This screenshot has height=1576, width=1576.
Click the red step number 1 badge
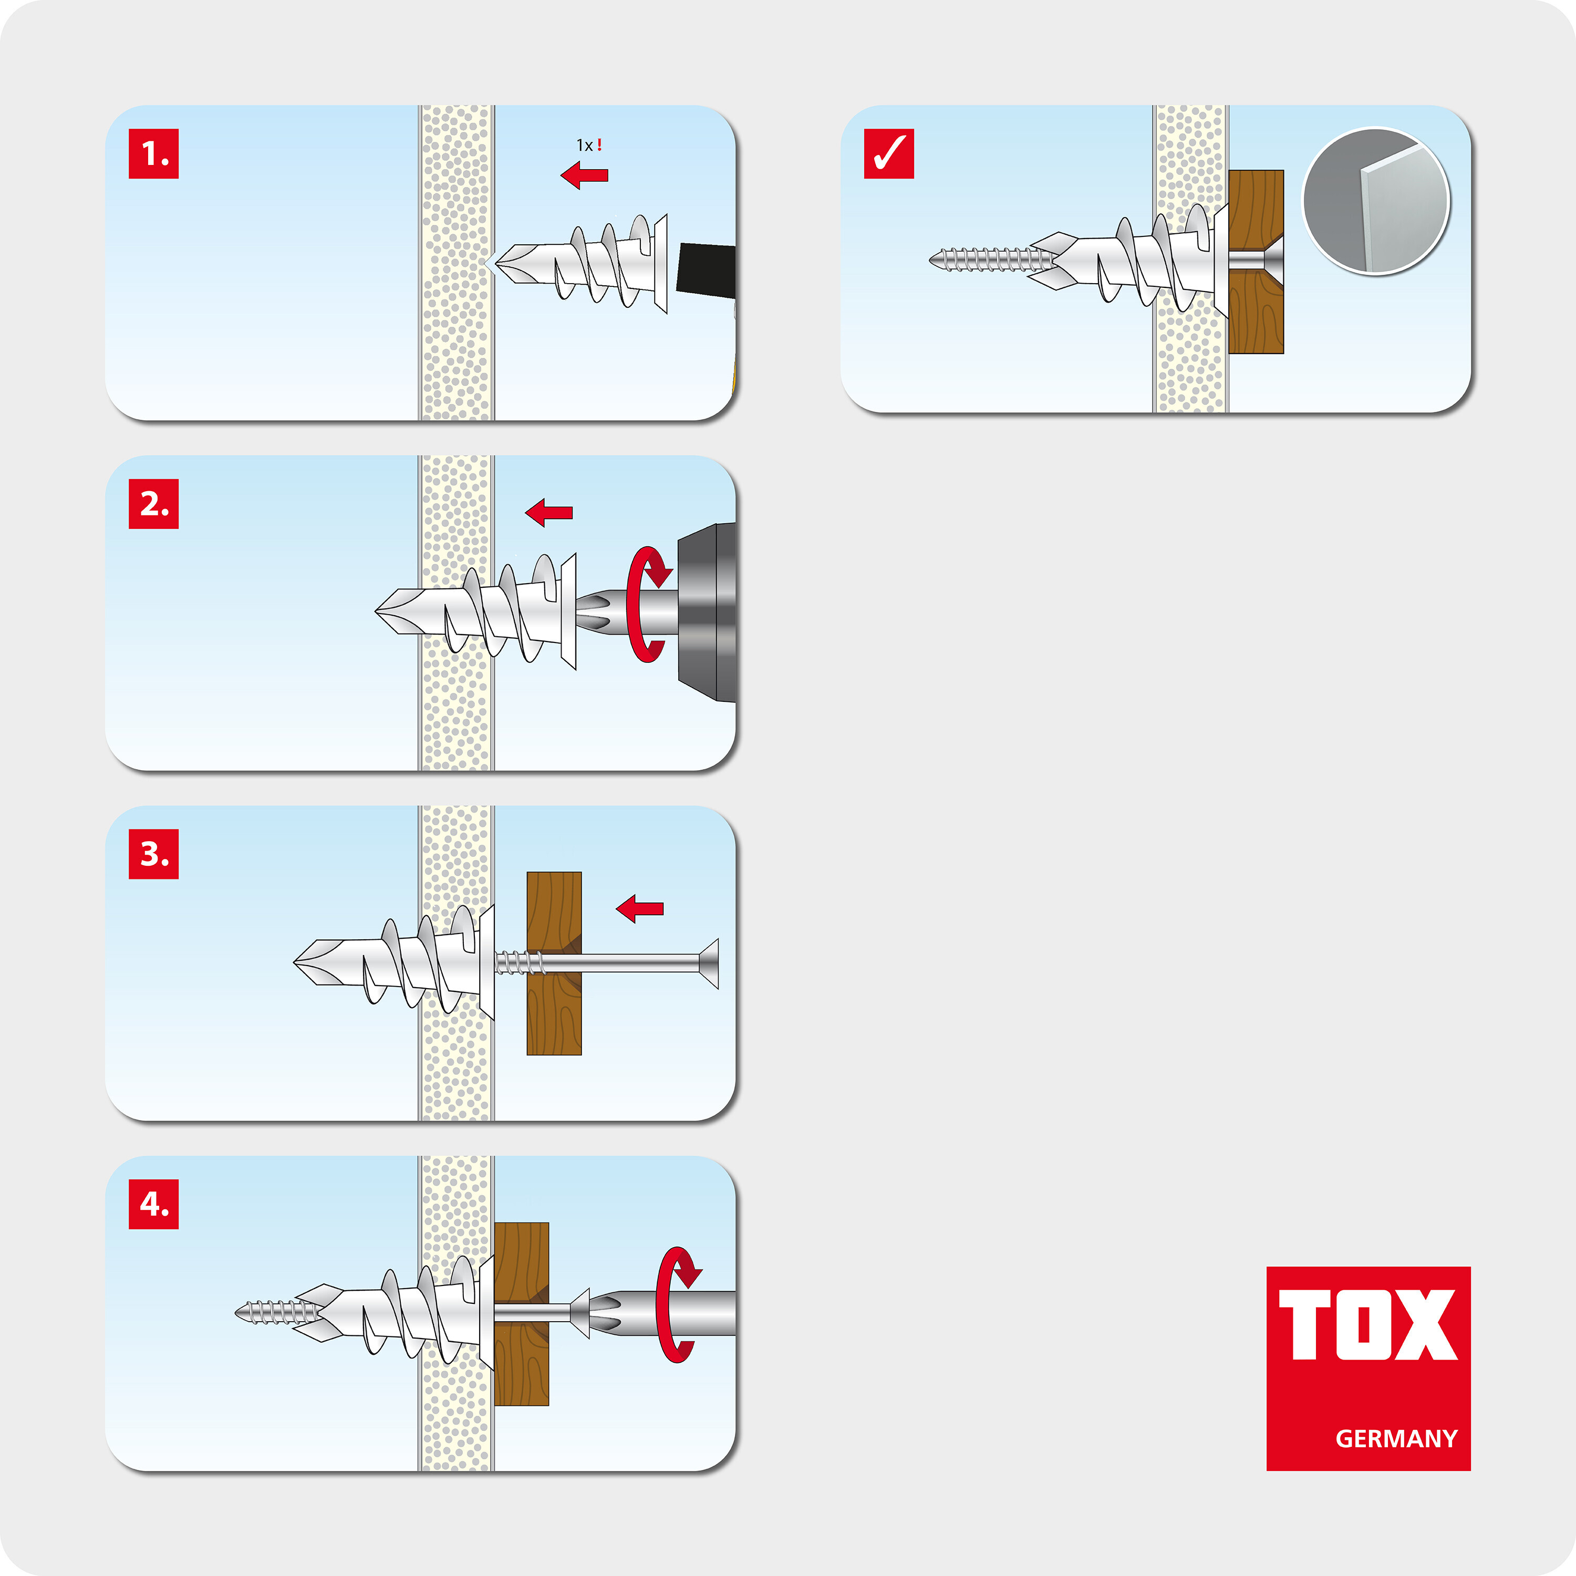(153, 153)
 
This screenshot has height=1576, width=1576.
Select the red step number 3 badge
(153, 854)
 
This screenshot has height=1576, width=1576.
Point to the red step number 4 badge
(153, 1204)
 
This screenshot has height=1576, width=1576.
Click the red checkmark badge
(889, 153)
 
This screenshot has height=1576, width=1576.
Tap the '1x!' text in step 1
(589, 145)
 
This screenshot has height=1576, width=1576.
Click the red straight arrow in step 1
(584, 174)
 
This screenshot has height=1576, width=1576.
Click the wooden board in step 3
(554, 963)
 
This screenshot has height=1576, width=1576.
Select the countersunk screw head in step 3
(708, 963)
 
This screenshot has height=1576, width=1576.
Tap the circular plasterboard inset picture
(1376, 201)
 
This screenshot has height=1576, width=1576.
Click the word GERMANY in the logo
(1396, 1438)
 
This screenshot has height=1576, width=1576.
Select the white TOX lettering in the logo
(1368, 1325)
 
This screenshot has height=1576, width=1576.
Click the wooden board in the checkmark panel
(1256, 262)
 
